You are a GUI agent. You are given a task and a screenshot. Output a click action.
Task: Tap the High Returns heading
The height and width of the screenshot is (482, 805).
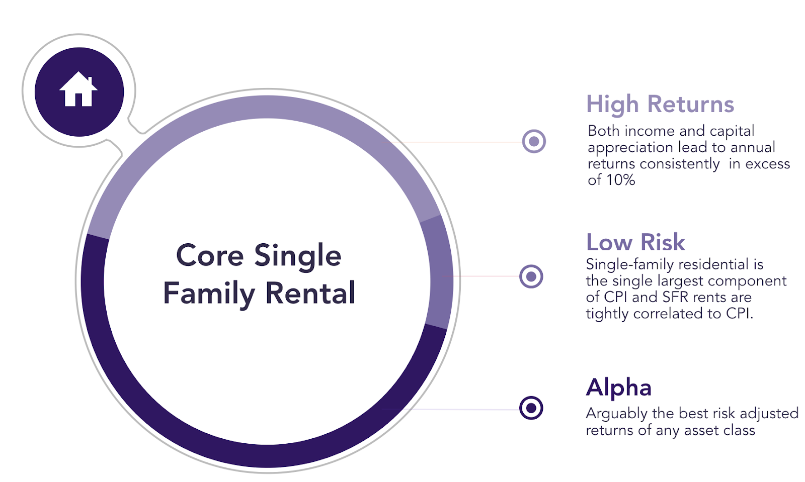(660, 105)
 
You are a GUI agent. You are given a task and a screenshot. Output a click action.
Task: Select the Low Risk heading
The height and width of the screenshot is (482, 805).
(635, 242)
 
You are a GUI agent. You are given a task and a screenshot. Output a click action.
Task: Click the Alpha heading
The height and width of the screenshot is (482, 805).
(618, 387)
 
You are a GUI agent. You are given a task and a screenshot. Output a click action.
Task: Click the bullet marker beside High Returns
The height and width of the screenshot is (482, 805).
(534, 141)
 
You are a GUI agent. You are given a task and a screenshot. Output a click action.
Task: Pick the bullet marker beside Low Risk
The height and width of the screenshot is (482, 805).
(531, 276)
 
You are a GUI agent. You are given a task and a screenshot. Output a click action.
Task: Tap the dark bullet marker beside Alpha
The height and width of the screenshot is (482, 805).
(531, 408)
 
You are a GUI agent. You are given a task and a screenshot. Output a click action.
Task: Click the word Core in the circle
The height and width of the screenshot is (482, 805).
(210, 255)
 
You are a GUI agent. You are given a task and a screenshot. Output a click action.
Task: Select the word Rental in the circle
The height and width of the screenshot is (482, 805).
(310, 293)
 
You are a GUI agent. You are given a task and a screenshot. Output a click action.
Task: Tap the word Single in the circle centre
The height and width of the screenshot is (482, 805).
(298, 257)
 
